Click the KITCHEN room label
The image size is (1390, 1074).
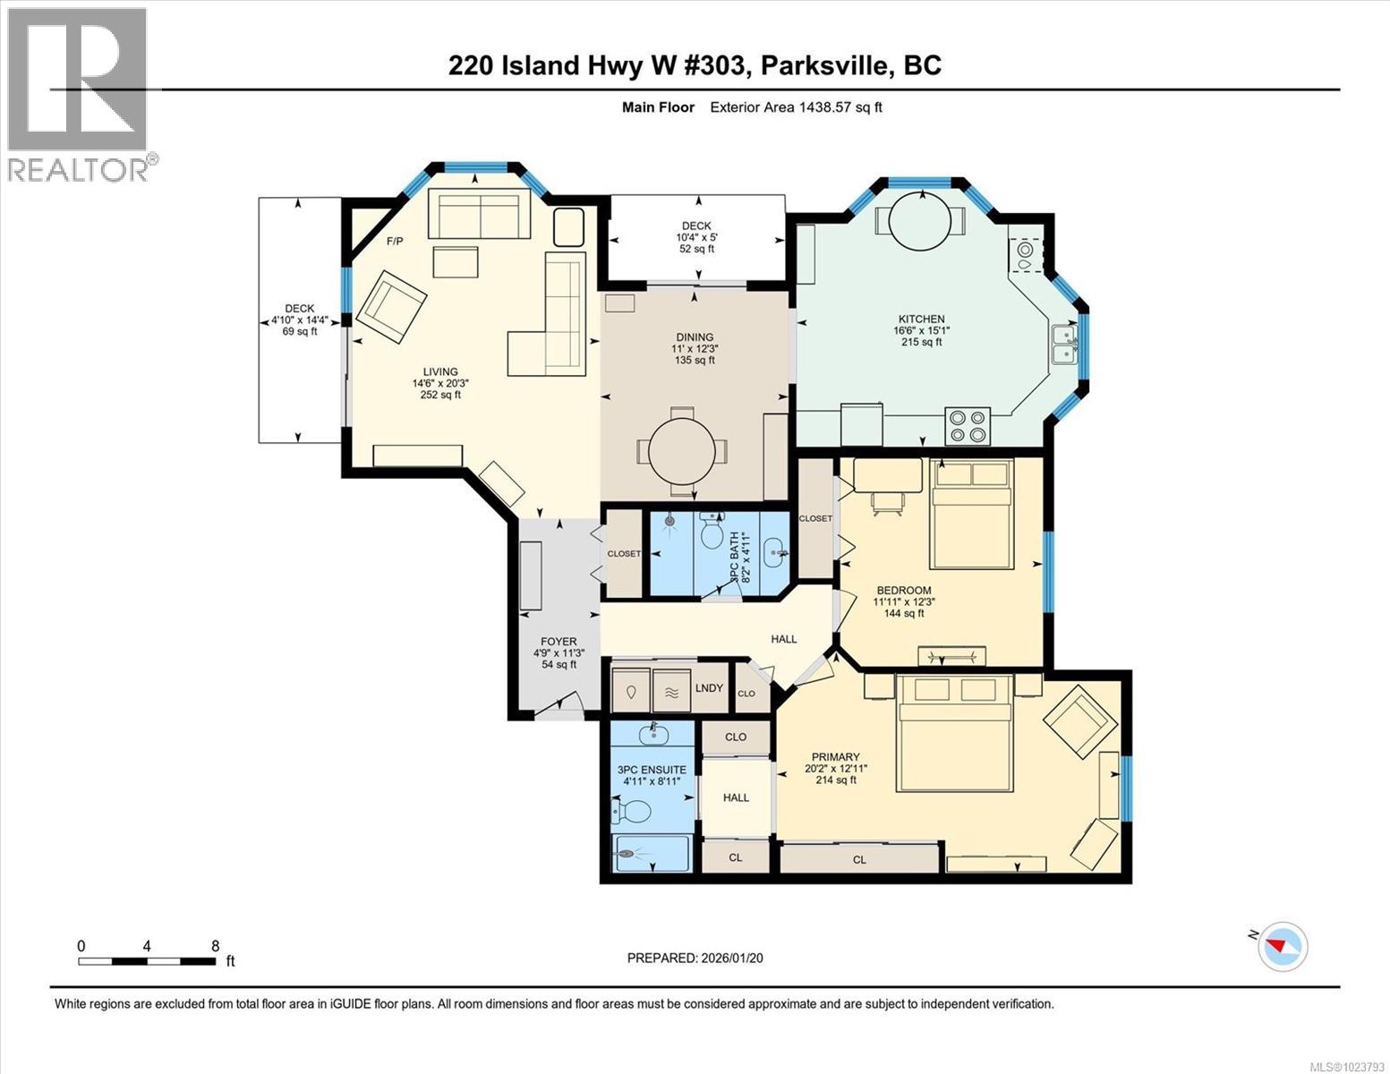tap(921, 320)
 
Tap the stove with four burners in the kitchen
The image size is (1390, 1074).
tap(968, 425)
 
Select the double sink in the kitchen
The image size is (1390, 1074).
tap(1064, 344)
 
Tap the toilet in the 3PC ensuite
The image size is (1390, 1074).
tap(633, 812)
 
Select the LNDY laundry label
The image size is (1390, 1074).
tap(709, 687)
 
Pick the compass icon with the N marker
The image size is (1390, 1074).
tap(1283, 946)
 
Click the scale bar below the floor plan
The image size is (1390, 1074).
tap(147, 961)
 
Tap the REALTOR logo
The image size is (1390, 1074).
tap(79, 95)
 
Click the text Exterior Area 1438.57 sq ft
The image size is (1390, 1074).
tap(796, 107)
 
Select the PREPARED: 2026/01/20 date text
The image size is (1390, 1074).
tap(695, 958)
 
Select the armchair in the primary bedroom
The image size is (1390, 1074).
tap(1079, 722)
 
